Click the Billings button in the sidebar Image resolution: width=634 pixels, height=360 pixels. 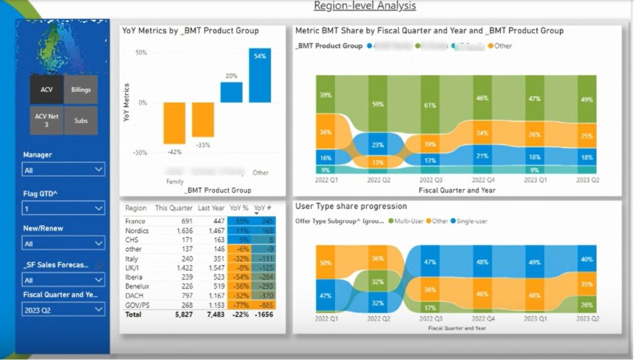point(80,90)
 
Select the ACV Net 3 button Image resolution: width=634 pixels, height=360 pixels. point(46,120)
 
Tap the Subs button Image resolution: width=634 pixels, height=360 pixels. point(80,120)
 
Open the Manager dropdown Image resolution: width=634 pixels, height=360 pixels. point(64,169)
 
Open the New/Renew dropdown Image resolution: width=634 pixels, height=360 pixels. point(64,244)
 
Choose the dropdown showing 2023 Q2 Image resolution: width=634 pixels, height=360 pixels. point(64,309)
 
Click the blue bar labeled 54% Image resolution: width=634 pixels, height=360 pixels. point(259,75)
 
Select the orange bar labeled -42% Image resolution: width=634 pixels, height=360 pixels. point(175,123)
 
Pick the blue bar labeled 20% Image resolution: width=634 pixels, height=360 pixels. point(231,92)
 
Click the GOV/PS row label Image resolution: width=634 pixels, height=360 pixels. point(136,305)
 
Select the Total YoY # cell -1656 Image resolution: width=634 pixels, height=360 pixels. point(264,315)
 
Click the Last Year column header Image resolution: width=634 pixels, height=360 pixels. point(211,208)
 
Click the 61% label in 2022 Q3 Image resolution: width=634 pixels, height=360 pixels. point(428,105)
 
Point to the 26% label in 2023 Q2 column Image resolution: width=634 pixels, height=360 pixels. point(587,305)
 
